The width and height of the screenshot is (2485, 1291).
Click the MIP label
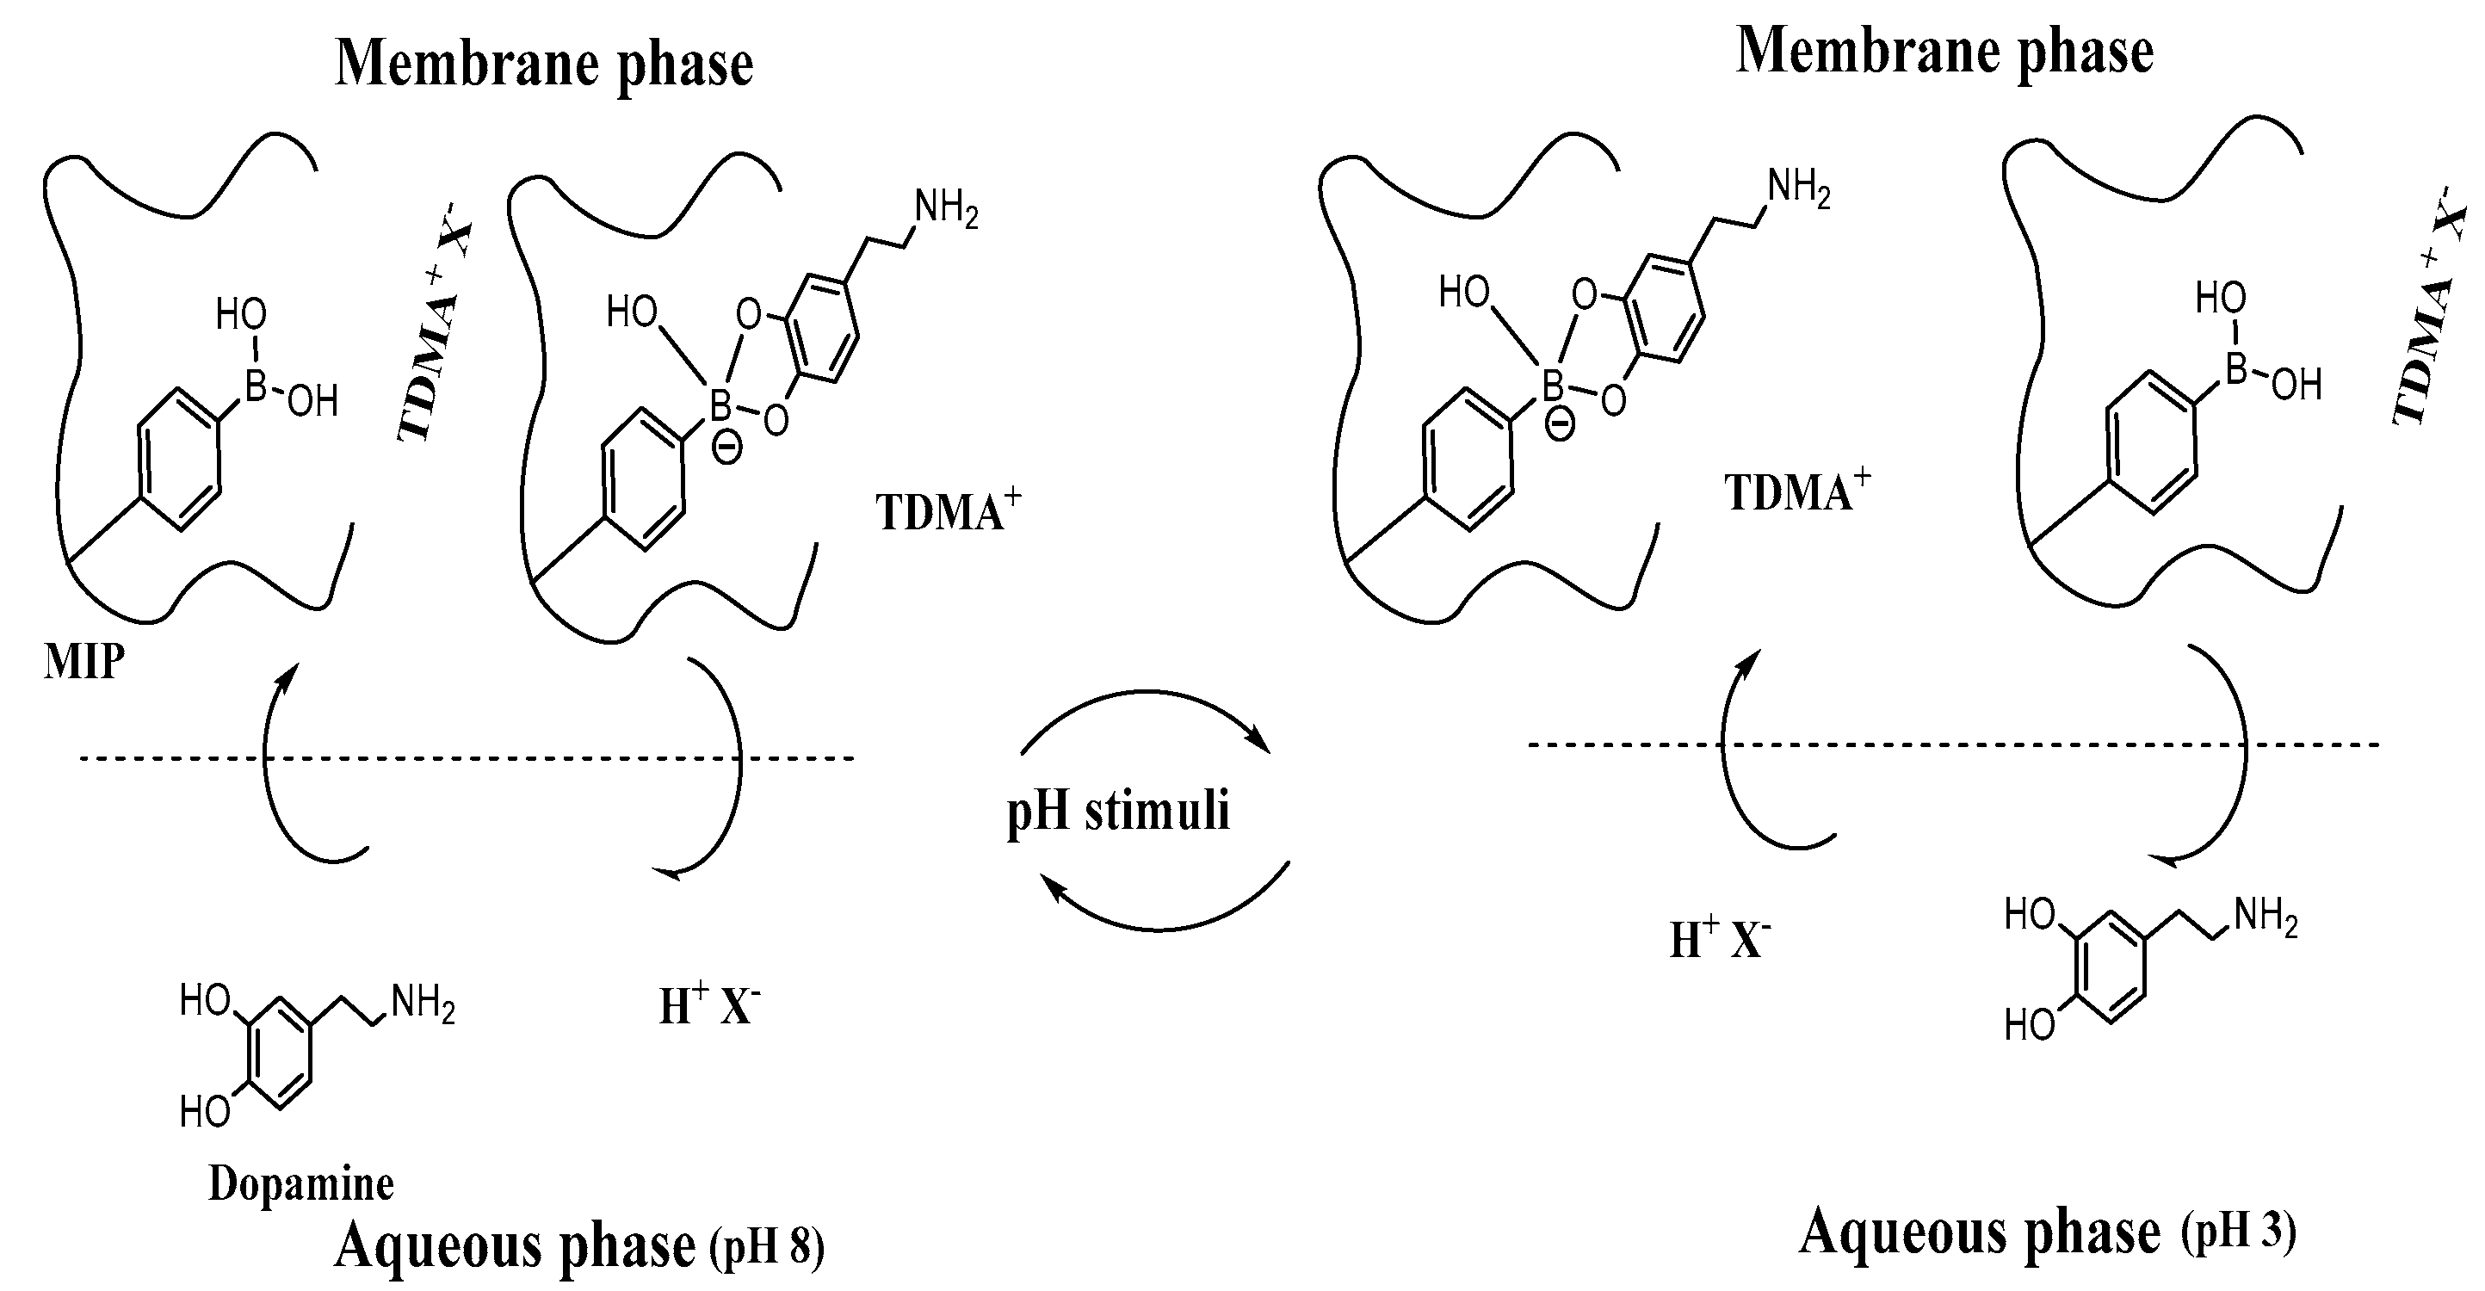point(84,663)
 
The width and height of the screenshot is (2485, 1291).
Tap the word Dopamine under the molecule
point(301,1184)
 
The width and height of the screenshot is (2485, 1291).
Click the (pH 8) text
point(767,1248)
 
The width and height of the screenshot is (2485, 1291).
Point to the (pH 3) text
point(2239,1234)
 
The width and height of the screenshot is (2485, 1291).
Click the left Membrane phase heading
point(544,65)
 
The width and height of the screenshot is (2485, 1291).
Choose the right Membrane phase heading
point(1944,51)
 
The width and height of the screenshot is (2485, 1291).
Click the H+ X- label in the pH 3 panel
point(1720,939)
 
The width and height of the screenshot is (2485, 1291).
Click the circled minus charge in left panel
point(727,448)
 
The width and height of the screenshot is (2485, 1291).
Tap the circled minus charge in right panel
point(1560,425)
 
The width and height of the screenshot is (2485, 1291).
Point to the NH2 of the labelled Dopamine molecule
point(423,1004)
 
